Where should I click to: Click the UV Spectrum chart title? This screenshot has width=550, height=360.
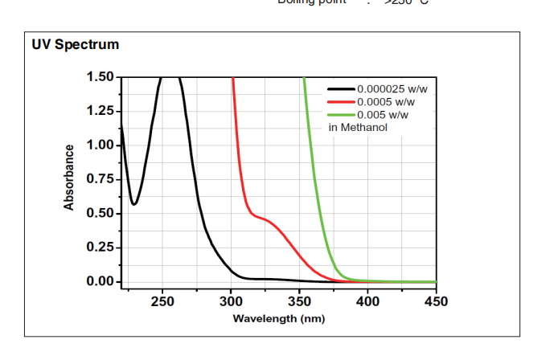[75, 45]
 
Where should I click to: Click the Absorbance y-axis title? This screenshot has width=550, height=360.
[69, 178]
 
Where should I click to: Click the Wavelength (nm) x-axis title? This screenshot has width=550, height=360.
[278, 319]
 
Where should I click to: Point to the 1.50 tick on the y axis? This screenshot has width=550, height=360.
[100, 77]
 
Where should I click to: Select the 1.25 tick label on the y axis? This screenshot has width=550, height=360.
[100, 111]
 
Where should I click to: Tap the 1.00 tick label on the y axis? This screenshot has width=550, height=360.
[100, 145]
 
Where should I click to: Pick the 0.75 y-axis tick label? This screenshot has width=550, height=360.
[100, 179]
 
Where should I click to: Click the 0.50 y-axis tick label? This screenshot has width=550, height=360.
[100, 214]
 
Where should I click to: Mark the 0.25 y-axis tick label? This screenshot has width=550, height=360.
[100, 247]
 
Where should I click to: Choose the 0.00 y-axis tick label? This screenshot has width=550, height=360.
[100, 282]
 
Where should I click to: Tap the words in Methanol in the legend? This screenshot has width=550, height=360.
[359, 128]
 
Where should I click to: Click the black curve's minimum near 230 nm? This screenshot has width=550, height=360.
[134, 204]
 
